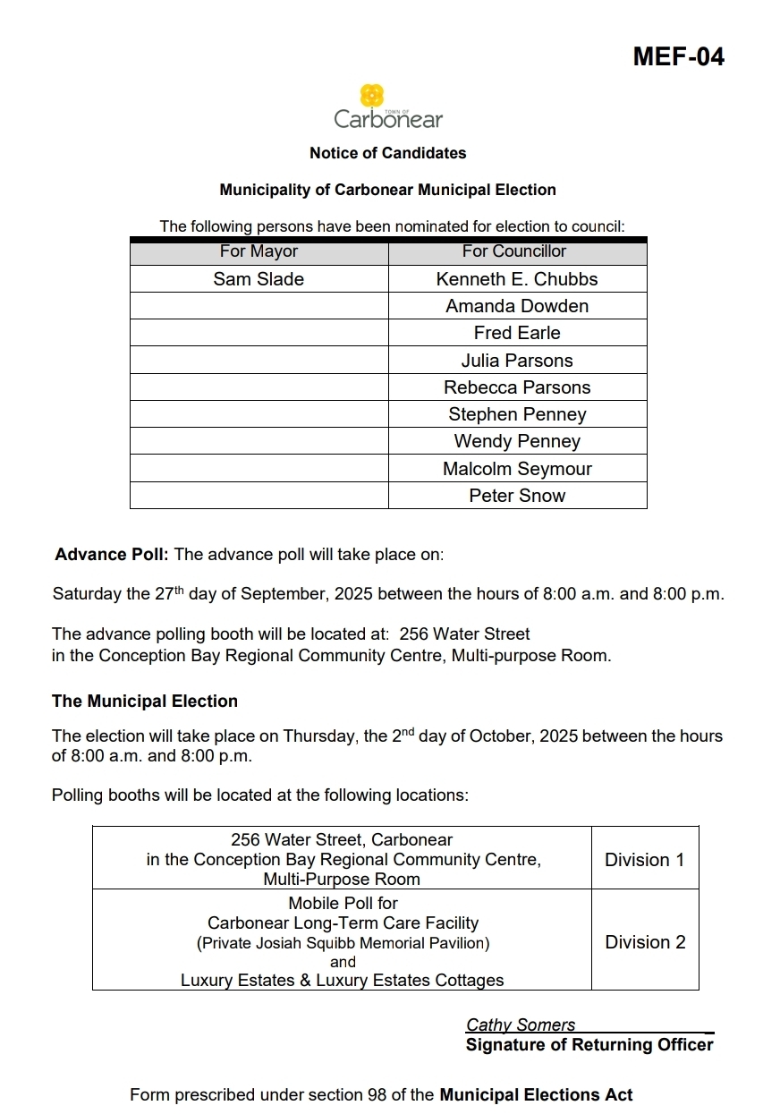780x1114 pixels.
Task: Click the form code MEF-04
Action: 678,57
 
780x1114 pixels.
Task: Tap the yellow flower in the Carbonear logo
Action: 372,96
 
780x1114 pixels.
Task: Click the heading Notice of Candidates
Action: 387,153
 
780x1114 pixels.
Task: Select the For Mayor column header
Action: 259,252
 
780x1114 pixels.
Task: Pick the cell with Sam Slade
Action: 259,279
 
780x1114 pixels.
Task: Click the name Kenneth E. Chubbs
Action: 516,279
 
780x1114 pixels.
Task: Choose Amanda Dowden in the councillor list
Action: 516,306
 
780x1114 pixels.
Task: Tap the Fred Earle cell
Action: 516,333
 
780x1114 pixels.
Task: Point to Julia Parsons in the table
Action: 516,361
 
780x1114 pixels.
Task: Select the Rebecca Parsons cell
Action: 516,387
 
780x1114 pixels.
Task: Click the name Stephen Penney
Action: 516,414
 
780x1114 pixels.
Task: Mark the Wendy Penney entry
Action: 516,441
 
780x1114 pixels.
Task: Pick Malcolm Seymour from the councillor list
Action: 516,469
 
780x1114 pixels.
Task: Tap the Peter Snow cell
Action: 516,496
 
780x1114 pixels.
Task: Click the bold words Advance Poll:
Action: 112,555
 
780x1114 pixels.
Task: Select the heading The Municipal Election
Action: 145,702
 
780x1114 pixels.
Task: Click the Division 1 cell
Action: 644,860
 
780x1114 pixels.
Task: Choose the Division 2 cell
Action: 644,942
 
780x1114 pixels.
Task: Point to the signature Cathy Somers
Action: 521,1025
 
